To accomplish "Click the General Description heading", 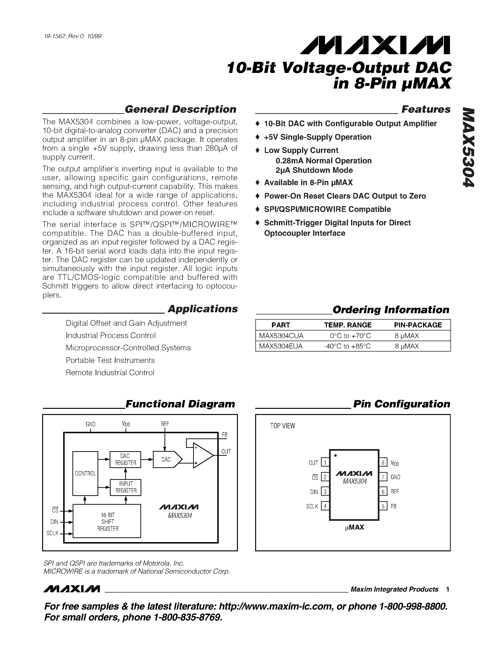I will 180,109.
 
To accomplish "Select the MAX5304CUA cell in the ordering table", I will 281,336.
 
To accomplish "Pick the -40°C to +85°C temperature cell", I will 347,346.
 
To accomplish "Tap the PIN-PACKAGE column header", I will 418,325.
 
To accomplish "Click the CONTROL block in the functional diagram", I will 85,473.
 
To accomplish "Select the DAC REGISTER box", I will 125,459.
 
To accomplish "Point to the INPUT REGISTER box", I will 125,487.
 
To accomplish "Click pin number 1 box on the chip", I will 325,463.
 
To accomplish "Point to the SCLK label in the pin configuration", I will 312,506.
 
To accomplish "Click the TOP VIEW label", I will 282,426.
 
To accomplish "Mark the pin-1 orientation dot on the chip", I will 336,455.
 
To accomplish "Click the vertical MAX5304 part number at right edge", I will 468,147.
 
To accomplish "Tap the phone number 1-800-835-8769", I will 188,617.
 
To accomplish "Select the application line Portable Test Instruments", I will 110,360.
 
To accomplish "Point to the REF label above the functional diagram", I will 165,424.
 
